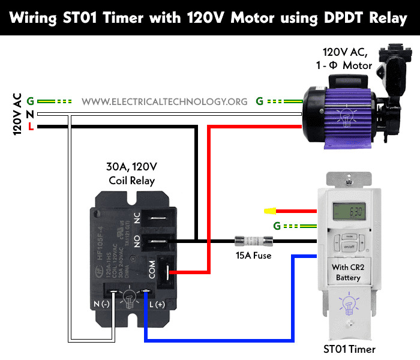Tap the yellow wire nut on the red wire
(269, 211)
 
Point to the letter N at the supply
(30, 114)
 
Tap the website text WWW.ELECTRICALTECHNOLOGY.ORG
(164, 101)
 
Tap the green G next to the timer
(277, 226)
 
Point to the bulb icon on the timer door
(348, 304)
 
